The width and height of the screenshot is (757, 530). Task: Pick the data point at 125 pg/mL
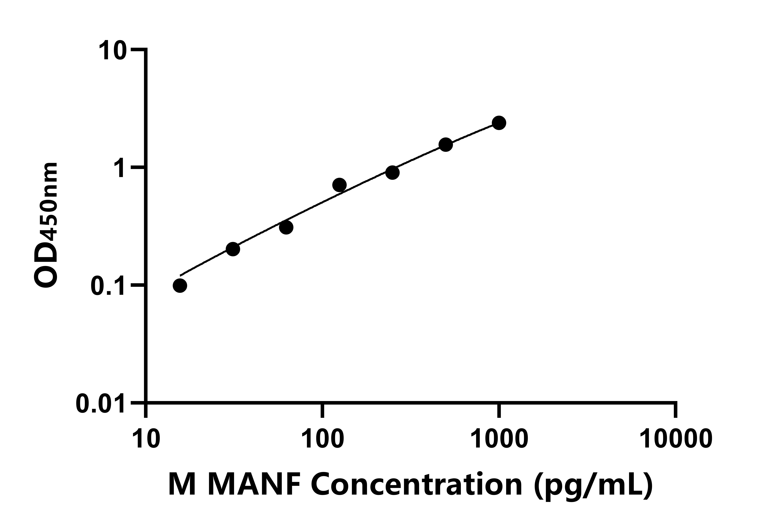(x=339, y=185)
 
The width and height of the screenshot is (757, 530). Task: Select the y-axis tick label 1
(x=119, y=168)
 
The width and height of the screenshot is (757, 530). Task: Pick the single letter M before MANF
(x=183, y=484)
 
